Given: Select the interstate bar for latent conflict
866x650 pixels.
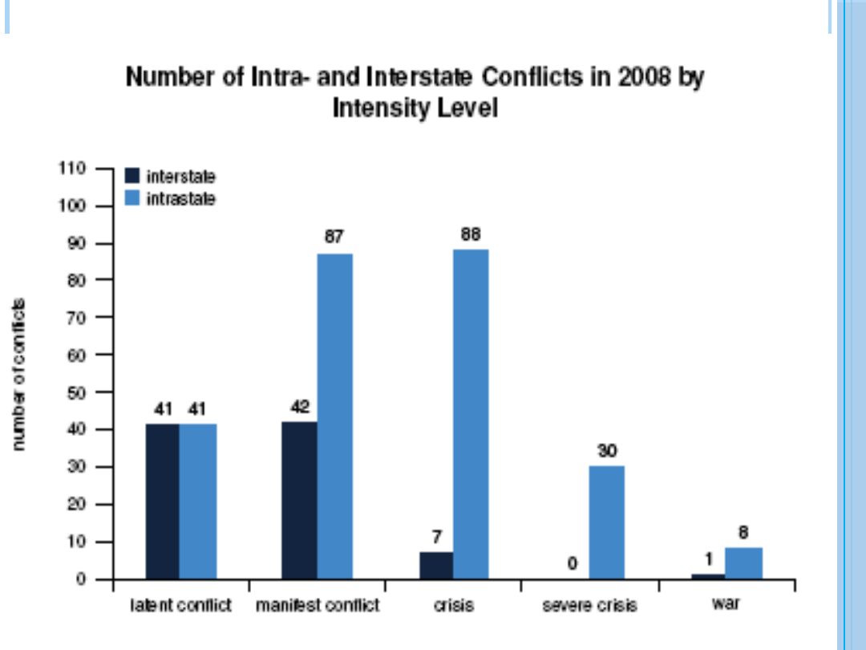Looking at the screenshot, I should point(162,501).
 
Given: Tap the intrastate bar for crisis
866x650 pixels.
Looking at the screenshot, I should point(471,413).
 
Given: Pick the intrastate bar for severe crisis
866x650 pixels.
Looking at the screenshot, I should point(607,522).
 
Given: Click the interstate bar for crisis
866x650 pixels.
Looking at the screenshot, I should point(436,565).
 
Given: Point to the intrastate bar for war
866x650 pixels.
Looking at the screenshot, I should point(743,563).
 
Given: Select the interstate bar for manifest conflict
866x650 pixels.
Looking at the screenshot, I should point(300,500).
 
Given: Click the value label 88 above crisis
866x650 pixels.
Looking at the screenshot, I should point(471,235).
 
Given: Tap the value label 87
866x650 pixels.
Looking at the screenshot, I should point(334,238).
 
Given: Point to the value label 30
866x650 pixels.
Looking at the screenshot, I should point(607,451).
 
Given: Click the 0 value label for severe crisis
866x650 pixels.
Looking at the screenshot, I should point(573,564).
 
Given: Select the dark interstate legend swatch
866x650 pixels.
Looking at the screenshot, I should point(132,176).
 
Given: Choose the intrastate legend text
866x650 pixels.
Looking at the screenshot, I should point(181,198).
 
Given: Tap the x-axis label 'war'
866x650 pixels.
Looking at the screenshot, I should point(726,603).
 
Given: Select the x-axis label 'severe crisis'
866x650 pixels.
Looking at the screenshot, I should point(589,605).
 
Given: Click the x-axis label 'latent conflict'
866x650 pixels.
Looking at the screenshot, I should point(180,605).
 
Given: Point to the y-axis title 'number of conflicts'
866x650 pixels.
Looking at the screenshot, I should point(19,374).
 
